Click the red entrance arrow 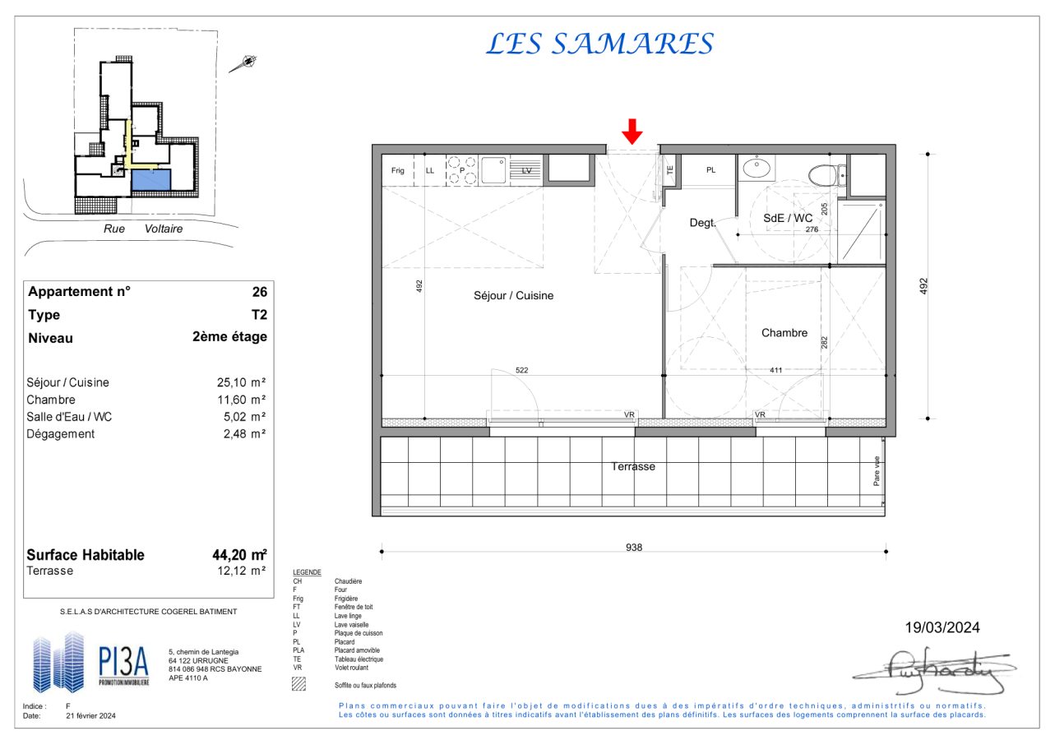632,132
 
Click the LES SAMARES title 599,44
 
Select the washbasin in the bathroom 757,167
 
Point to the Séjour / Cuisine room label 513,295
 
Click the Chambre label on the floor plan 784,332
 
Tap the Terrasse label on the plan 633,466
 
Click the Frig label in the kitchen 397,170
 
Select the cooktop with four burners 461,170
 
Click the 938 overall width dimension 633,547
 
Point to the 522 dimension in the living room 522,370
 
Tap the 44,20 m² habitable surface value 239,555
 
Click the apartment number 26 260,292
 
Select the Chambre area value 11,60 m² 241,400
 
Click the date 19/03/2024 942,627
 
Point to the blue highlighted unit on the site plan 150,180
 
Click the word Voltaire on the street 164,229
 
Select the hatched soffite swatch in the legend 298,683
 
